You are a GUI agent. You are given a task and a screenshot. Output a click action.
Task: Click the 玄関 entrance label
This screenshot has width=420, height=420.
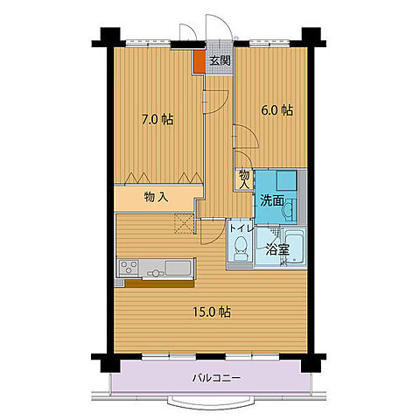220,60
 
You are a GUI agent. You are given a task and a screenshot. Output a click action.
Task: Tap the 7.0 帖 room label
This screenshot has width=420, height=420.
157,118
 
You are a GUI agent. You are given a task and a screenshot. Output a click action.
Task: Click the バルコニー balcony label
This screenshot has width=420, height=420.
215,378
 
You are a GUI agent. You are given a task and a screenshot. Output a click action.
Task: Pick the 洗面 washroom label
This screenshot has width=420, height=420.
270,200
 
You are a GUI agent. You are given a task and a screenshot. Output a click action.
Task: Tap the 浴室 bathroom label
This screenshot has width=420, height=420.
277,248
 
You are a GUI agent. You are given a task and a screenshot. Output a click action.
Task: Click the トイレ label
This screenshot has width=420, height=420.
241,228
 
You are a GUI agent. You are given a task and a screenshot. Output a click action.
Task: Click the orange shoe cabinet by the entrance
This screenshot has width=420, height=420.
199,63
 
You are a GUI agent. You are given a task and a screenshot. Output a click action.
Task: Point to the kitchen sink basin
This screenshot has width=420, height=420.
178,268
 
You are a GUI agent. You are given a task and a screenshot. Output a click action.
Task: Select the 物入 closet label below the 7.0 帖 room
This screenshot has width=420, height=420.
156,198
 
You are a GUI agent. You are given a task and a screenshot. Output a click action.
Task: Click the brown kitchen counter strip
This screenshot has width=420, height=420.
160,282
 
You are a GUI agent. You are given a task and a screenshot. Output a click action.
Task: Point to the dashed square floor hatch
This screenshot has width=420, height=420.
184,224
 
